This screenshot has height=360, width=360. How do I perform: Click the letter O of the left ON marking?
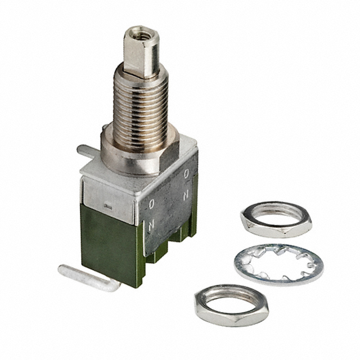point(152,205)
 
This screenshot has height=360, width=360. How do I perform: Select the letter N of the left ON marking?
point(151,224)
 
